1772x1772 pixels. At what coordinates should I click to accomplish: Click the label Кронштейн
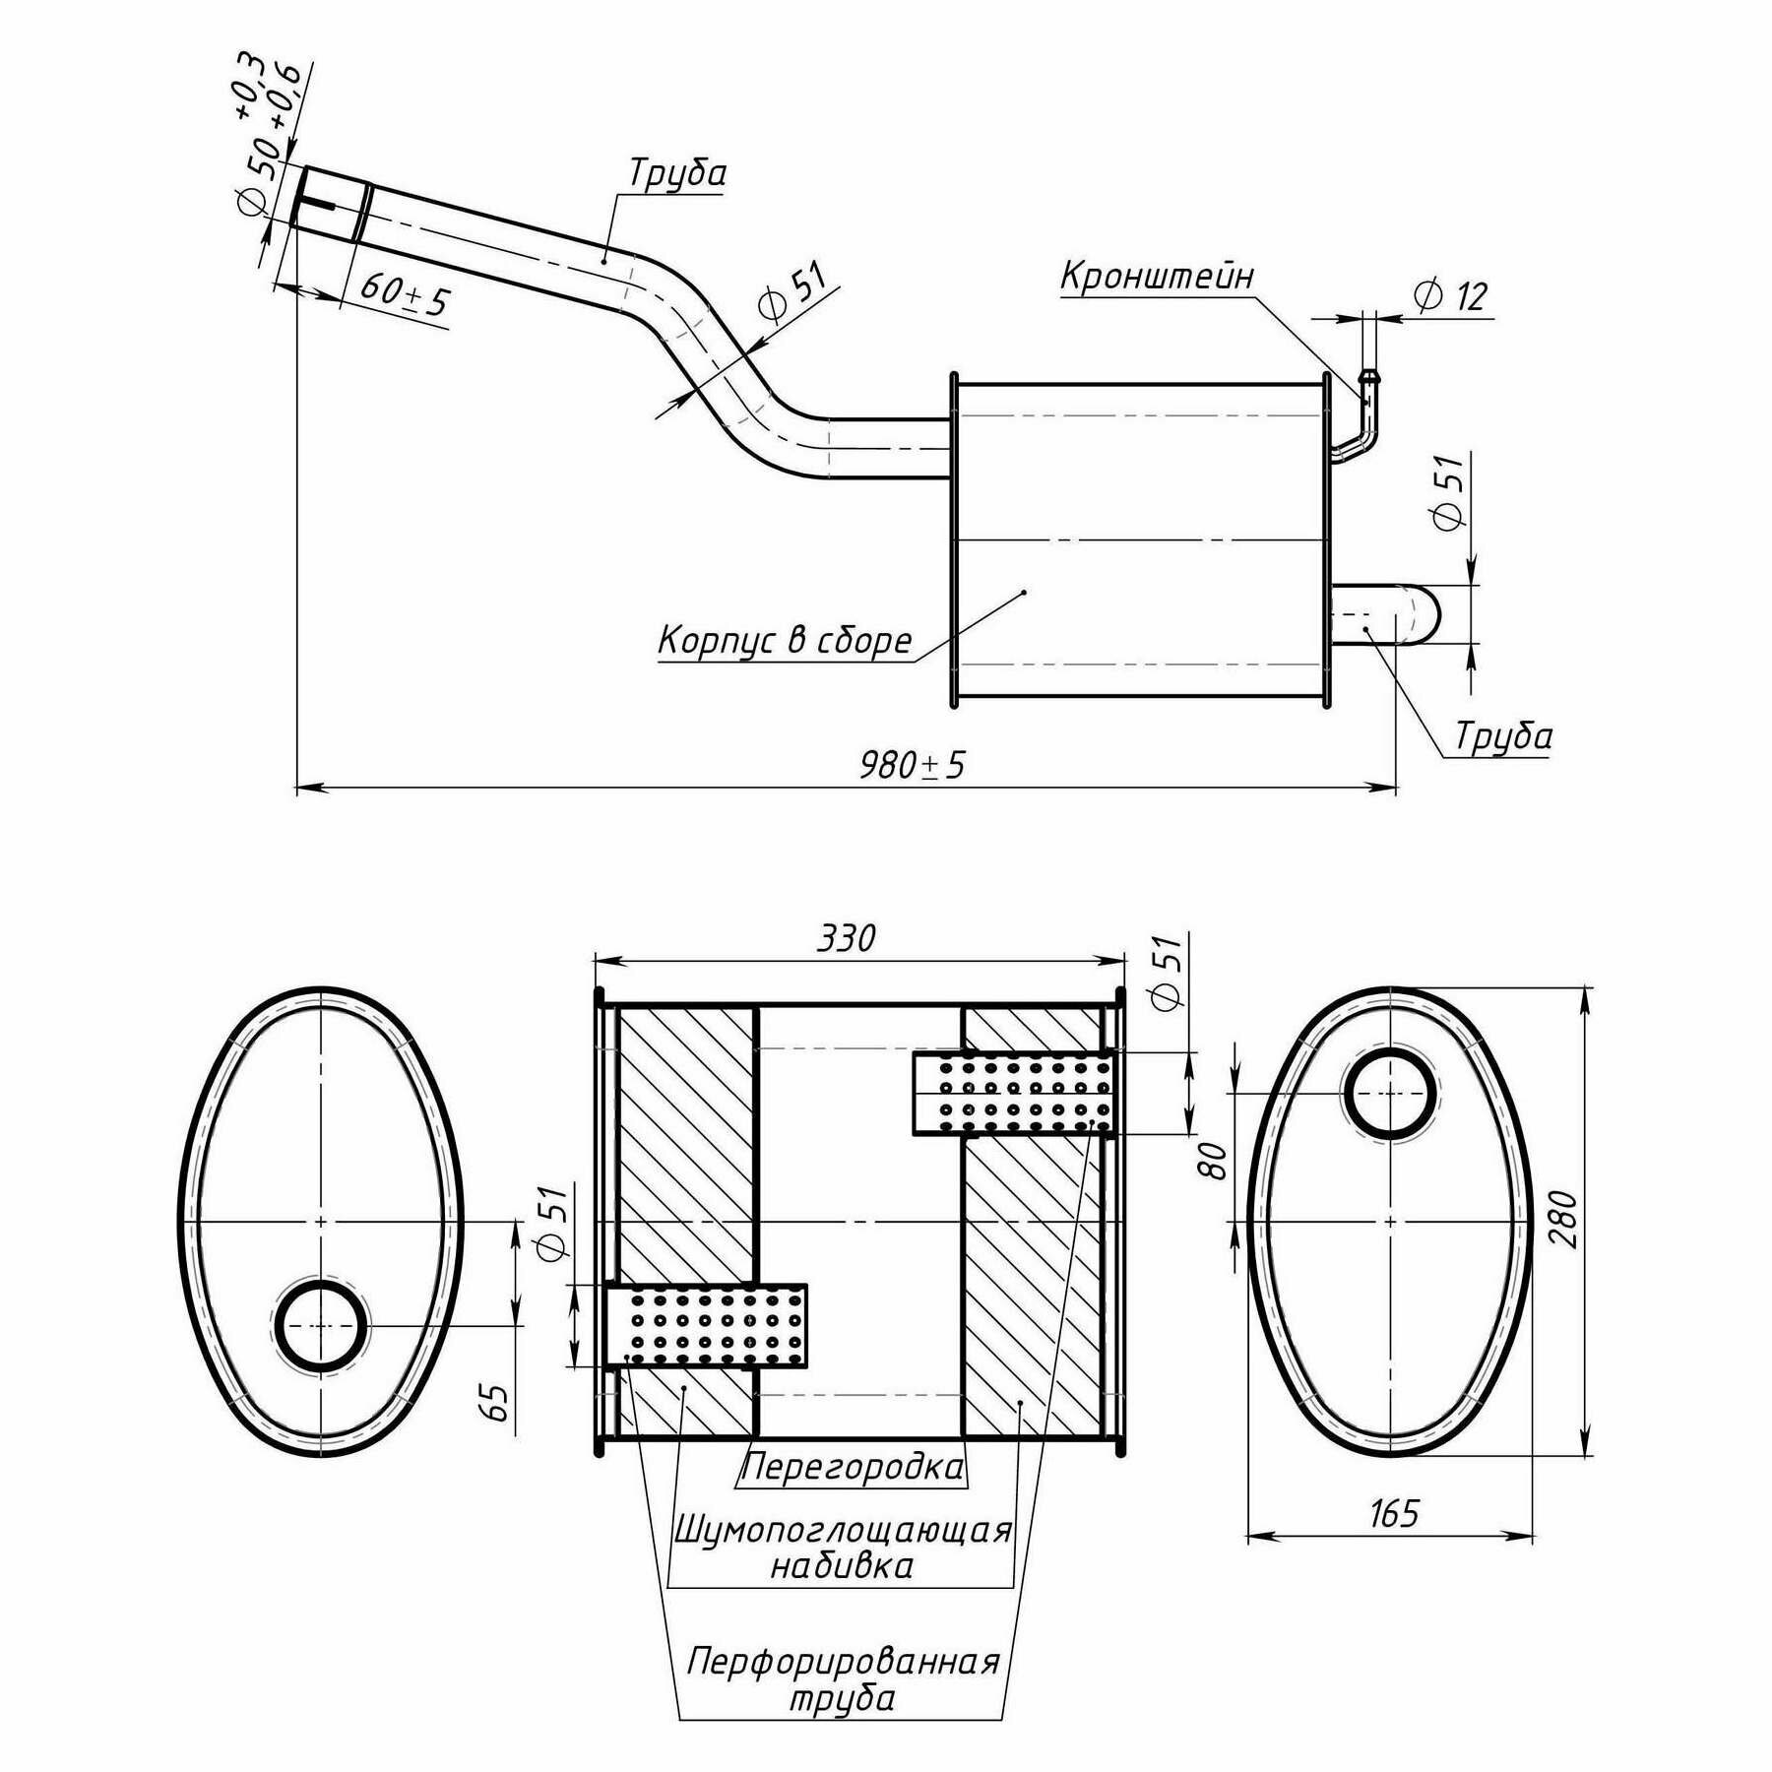point(1157,277)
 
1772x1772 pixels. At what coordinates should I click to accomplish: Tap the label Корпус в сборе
point(785,641)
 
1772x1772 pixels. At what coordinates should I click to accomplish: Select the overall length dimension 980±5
point(913,764)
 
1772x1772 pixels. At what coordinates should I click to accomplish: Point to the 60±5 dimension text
point(404,292)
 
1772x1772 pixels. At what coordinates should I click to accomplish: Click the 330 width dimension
point(846,938)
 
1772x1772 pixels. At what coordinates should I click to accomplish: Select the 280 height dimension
point(1562,1218)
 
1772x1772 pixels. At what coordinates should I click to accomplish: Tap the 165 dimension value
point(1393,1513)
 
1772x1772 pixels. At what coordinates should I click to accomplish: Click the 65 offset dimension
point(498,1402)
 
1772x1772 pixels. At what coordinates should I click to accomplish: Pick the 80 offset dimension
point(1216,1162)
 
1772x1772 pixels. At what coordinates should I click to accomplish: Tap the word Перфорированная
point(843,1662)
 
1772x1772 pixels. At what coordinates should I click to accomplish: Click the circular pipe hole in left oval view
point(321,1326)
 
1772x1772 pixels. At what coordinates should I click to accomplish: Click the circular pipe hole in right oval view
point(1391,1094)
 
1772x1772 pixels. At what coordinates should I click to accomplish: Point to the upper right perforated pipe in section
point(1013,1093)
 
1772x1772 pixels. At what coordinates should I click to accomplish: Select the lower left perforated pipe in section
point(706,1326)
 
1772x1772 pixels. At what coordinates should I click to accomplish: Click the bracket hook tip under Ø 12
point(1368,377)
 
